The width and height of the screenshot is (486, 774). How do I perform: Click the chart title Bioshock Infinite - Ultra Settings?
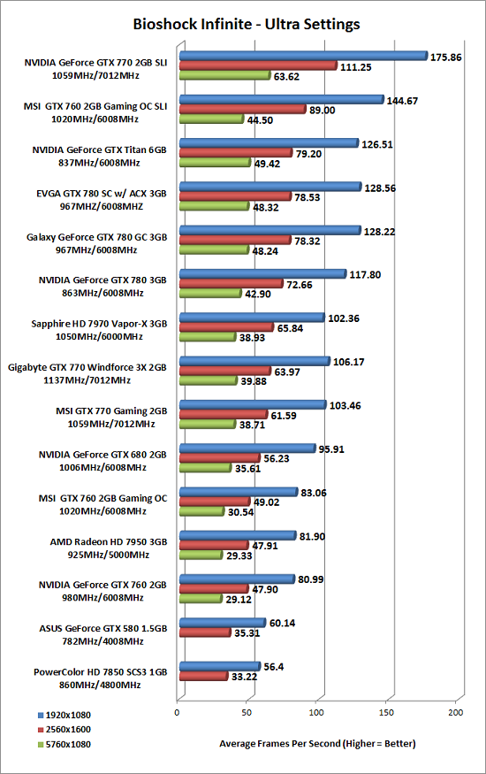tap(247, 24)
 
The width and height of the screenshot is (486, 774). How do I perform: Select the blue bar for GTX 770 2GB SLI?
tap(303, 56)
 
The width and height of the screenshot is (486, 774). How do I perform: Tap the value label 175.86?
tap(445, 57)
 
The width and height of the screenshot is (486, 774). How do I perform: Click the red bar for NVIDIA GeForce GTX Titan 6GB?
tap(236, 153)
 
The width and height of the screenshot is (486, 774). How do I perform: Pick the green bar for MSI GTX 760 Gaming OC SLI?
tap(211, 119)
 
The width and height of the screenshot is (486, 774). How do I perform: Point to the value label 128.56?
tap(380, 188)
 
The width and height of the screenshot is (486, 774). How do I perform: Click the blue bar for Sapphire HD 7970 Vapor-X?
tap(252, 318)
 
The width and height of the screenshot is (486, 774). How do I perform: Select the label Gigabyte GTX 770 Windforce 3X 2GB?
tap(87, 367)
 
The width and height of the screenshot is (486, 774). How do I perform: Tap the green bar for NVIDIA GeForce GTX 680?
tap(205, 467)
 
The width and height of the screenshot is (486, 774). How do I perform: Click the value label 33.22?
tap(244, 677)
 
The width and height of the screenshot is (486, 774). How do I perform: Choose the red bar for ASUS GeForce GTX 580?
tap(205, 632)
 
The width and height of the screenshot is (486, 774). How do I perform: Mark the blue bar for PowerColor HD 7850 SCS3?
tap(220, 666)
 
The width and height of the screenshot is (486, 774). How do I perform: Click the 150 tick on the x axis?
tap(386, 712)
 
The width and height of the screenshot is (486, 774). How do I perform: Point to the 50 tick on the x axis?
tap(247, 712)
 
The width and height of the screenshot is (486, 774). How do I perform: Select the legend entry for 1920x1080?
tap(65, 716)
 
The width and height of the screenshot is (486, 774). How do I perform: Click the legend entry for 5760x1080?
tap(65, 745)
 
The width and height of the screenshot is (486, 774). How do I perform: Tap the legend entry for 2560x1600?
tap(65, 730)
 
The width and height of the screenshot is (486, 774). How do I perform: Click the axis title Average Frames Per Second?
tap(280, 743)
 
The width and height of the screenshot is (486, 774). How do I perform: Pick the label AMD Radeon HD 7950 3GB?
tap(109, 542)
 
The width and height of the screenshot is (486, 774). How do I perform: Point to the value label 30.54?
tap(240, 512)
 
